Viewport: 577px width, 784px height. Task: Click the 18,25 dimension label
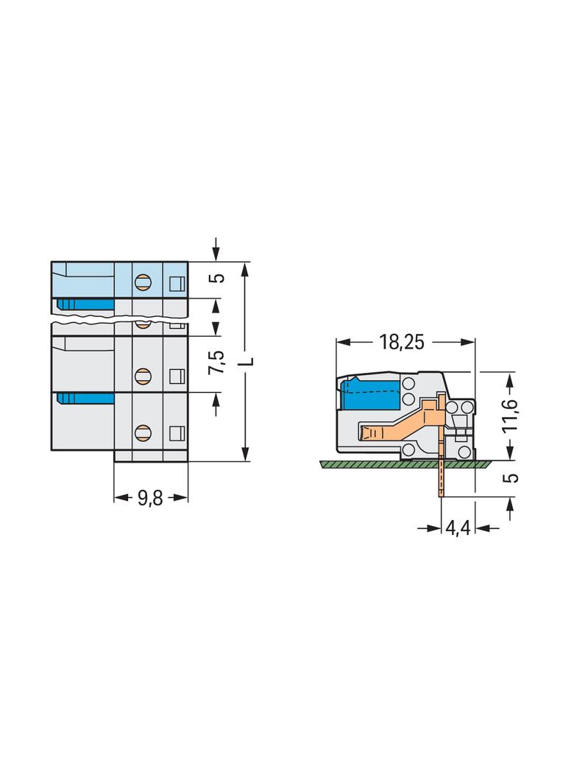[x=401, y=342]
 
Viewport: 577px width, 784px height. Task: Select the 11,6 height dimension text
[x=511, y=416]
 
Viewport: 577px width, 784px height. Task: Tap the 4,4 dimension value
[x=458, y=527]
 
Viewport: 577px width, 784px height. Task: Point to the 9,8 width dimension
[x=150, y=497]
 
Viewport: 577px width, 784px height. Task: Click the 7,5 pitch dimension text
[x=217, y=363]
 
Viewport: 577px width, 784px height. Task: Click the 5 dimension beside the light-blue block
[x=217, y=278]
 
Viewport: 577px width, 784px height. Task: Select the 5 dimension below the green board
[x=511, y=477]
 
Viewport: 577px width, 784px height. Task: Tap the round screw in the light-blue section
[x=143, y=283]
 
